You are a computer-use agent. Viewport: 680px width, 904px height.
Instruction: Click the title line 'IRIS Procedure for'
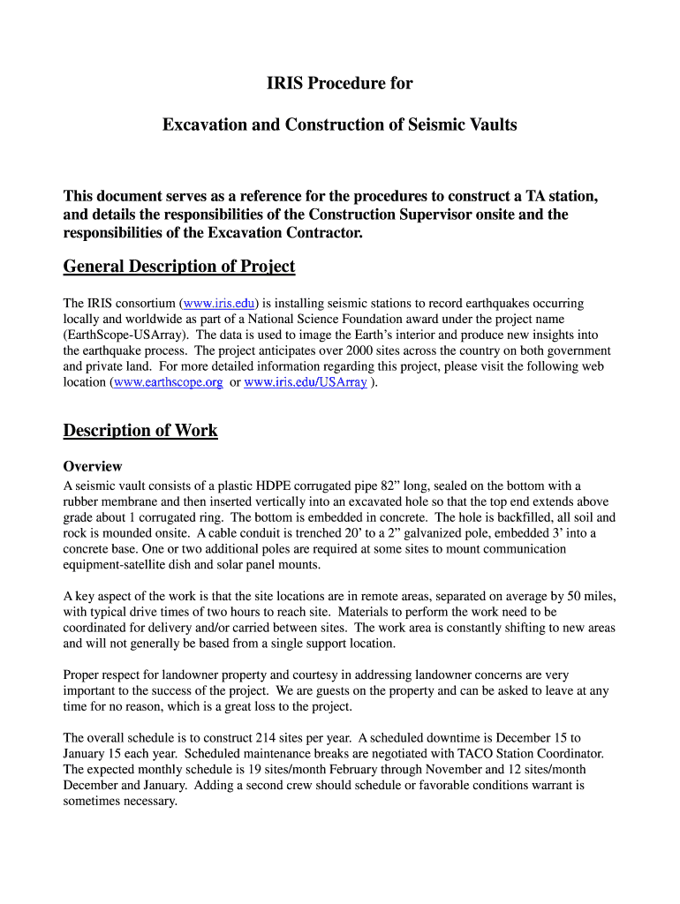coord(340,85)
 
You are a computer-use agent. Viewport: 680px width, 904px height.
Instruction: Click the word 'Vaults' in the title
coord(489,125)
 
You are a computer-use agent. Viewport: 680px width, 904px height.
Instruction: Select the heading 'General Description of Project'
coord(179,267)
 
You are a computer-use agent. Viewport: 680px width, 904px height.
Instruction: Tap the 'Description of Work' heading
coord(140,431)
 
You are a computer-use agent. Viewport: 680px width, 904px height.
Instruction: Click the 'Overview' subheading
coord(93,466)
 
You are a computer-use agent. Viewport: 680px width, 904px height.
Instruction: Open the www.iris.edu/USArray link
coord(305,383)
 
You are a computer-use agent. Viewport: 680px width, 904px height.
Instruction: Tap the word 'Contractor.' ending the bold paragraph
coord(322,234)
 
